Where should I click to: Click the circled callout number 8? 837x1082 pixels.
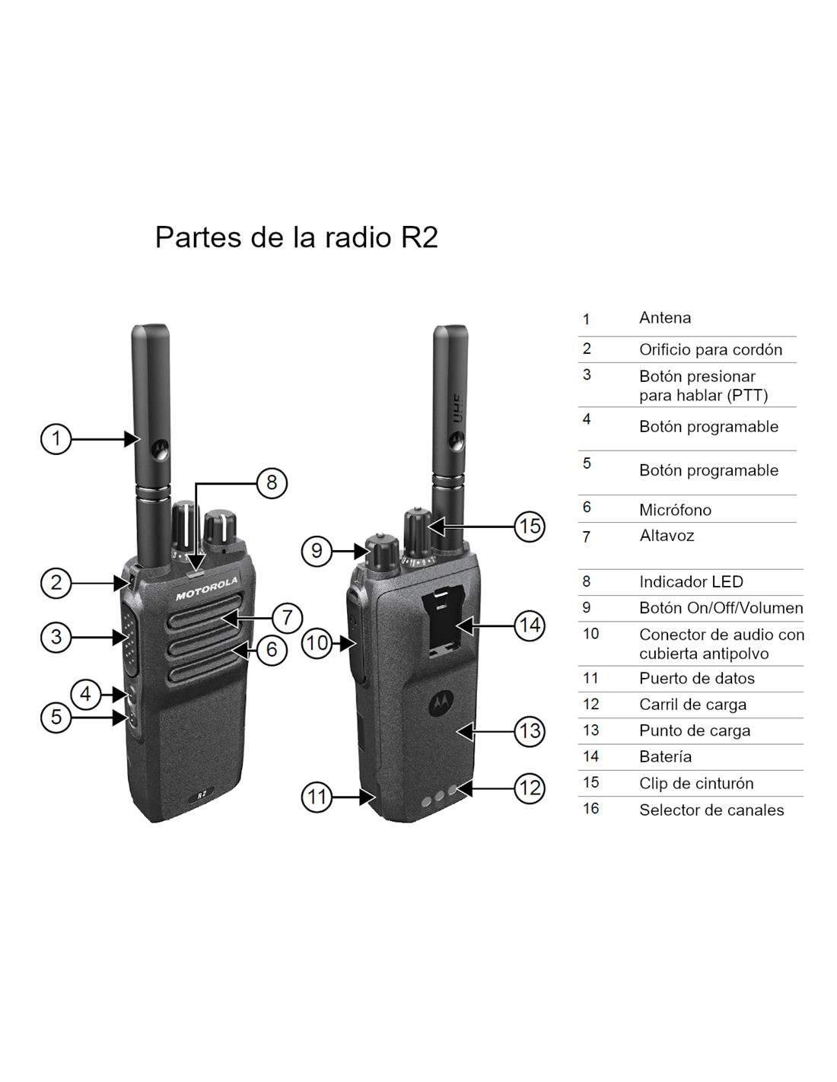coord(272,482)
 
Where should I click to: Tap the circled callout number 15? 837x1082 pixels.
coord(530,527)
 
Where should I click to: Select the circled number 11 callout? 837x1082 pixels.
coord(317,797)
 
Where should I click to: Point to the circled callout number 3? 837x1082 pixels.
coord(56,637)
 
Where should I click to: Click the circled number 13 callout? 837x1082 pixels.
coord(530,731)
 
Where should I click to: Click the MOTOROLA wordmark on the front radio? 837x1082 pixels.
coord(207,588)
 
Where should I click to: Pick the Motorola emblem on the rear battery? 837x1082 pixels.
coord(440,702)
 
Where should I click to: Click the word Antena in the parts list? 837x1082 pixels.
coord(665,318)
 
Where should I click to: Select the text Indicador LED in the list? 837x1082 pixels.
coord(691,581)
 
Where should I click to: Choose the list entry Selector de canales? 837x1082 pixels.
coord(711,810)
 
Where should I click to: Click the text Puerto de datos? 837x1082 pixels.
coord(696,678)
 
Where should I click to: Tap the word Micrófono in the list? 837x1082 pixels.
coord(675,509)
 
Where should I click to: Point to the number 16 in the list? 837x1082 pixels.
coord(590,808)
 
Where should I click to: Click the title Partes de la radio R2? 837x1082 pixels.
coord(296,237)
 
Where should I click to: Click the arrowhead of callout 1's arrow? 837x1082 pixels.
coord(132,439)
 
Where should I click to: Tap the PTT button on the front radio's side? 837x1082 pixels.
coord(130,638)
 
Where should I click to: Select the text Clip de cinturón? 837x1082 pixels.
coord(696,783)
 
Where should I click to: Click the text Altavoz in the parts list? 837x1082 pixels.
coord(667,535)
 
